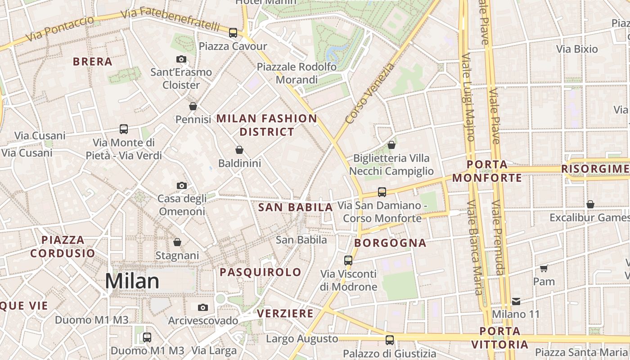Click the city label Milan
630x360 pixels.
[x=132, y=281]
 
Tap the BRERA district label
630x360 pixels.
[x=92, y=62]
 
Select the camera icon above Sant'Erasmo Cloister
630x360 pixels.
[x=181, y=59]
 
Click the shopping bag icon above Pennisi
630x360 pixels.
[x=193, y=106]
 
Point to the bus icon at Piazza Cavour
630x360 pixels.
[x=233, y=32]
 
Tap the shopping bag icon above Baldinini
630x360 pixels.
[x=239, y=150]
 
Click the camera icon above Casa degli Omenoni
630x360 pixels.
[x=181, y=185]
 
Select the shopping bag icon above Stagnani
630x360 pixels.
[x=177, y=242]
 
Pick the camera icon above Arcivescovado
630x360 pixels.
[x=203, y=307]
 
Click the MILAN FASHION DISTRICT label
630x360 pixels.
[x=267, y=125]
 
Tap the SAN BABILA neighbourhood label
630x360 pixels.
[x=296, y=207]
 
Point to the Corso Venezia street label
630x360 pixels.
[x=370, y=94]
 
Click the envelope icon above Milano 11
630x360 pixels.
[x=516, y=301]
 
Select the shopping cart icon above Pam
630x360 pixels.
[x=544, y=268]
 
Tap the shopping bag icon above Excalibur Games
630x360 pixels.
[x=590, y=204]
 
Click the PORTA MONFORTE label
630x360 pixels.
[x=487, y=171]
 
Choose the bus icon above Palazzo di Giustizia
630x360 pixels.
[x=390, y=340]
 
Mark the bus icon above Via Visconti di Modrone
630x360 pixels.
[x=348, y=260]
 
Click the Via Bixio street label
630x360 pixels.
[x=577, y=49]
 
